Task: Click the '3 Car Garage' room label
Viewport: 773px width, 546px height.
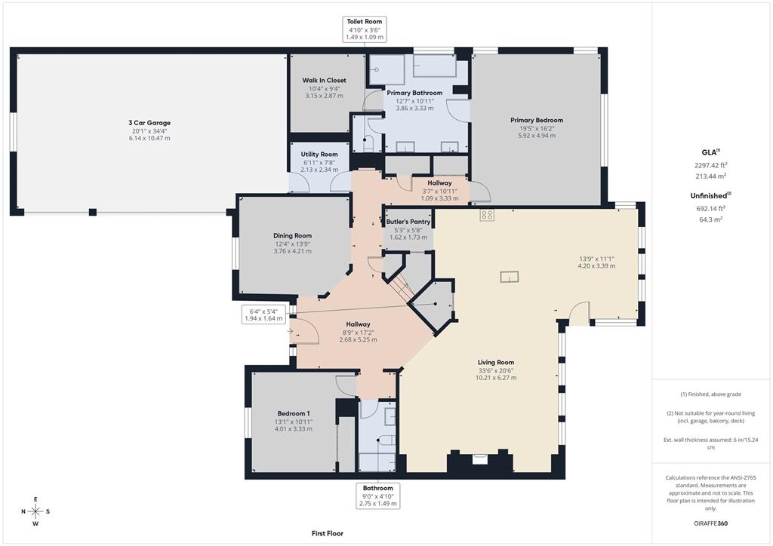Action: (x=149, y=122)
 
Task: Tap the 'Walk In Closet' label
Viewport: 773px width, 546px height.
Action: (x=324, y=80)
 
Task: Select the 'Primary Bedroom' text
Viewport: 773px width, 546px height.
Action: (x=536, y=120)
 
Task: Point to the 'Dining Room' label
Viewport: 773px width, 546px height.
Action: (x=292, y=235)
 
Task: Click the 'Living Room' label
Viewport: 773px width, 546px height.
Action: (x=495, y=362)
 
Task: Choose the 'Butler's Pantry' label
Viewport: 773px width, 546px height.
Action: (x=408, y=222)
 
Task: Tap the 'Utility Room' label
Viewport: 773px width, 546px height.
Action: (x=319, y=154)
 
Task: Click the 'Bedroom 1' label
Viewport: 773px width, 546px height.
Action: (x=293, y=413)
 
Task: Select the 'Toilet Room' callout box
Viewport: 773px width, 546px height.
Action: (x=365, y=29)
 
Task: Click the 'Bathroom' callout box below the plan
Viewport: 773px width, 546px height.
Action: (x=377, y=495)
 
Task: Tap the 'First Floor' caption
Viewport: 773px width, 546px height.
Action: (x=328, y=533)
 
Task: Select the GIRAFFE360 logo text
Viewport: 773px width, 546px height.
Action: (x=712, y=523)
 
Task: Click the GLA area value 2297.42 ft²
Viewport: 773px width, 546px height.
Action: (x=711, y=164)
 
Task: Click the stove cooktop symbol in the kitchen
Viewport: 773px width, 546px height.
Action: (x=487, y=215)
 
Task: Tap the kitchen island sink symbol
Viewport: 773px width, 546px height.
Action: (x=510, y=277)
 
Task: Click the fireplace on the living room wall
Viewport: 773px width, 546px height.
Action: (x=480, y=458)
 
